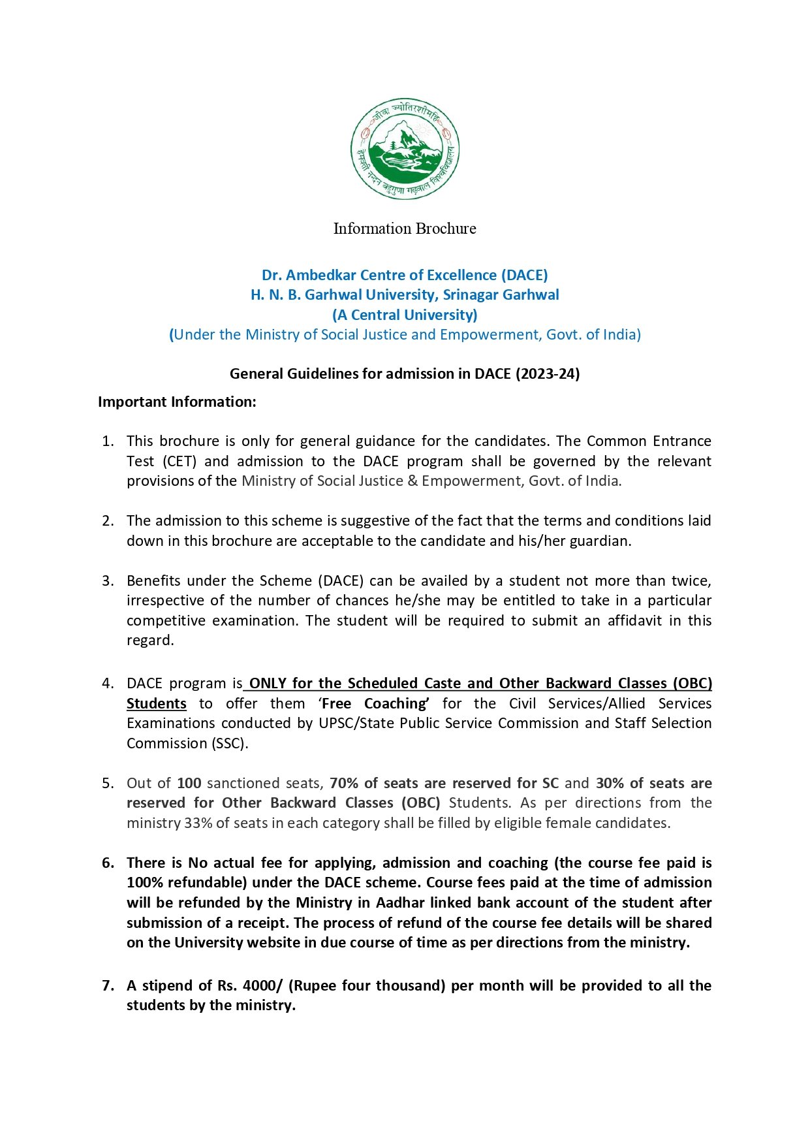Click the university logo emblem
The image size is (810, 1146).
(405, 148)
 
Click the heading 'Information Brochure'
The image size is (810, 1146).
(405, 229)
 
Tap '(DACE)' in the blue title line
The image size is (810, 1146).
(524, 275)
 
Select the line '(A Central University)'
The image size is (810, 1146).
(405, 315)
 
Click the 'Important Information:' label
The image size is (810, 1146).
(177, 402)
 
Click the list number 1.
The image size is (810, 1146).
(108, 441)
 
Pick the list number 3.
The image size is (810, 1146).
(108, 581)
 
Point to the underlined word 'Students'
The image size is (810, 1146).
(157, 704)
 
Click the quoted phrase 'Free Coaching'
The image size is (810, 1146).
(374, 704)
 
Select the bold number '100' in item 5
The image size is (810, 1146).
(189, 784)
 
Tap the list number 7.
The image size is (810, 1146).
(108, 985)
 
